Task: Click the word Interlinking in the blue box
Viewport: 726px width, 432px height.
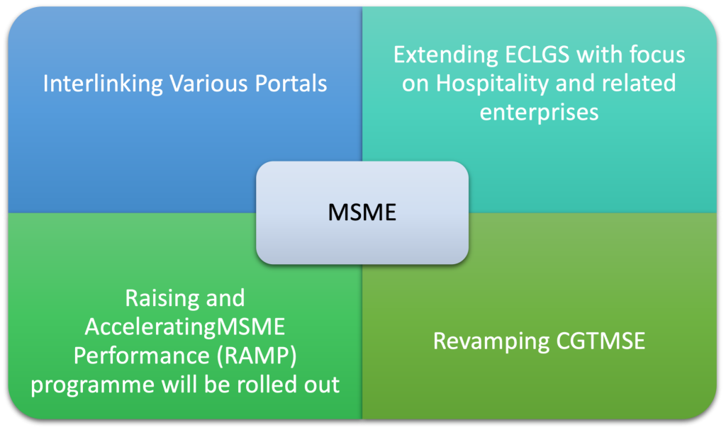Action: tap(103, 84)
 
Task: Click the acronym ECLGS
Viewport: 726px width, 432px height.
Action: tap(537, 55)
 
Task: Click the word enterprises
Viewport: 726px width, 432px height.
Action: tap(539, 113)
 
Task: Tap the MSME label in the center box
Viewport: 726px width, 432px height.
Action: tap(362, 212)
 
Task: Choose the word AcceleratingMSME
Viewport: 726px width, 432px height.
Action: tap(185, 327)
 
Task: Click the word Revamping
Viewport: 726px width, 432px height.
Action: tap(491, 342)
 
